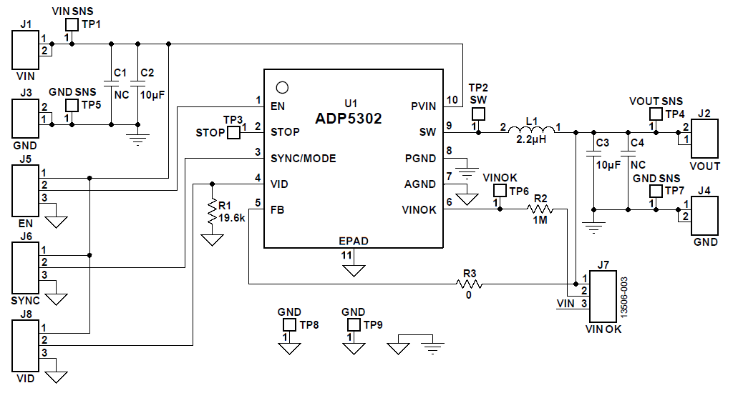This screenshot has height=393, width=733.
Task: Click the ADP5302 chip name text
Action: click(349, 119)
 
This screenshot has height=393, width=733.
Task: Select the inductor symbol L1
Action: click(531, 132)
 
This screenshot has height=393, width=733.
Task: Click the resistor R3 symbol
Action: click(470, 284)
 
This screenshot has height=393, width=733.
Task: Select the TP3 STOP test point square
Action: click(233, 133)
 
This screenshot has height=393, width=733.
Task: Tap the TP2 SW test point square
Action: click(477, 114)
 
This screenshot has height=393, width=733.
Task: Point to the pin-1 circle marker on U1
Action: click(282, 88)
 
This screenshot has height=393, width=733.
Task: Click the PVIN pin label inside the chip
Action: click(423, 106)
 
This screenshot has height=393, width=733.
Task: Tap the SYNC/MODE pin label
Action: click(303, 158)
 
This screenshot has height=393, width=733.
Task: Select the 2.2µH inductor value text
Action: click(531, 140)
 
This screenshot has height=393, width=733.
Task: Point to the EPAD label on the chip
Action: click(354, 241)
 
